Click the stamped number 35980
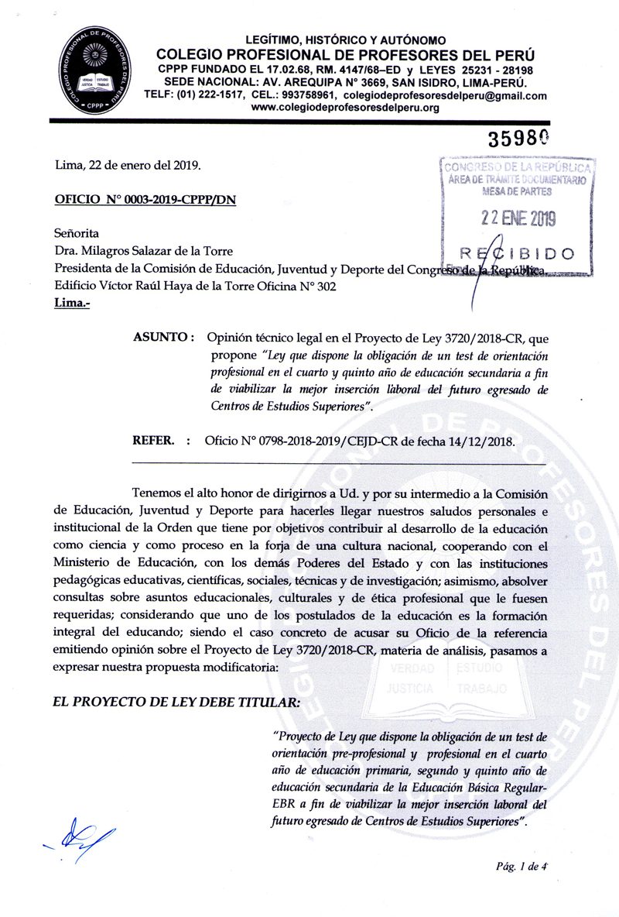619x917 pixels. tap(518, 139)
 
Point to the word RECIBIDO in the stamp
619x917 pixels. tap(516, 253)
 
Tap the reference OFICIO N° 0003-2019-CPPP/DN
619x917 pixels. tap(145, 199)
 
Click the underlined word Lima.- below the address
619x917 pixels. tap(71, 304)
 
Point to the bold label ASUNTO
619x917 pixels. tap(162, 338)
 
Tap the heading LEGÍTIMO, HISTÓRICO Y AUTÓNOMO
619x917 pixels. tap(345, 39)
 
